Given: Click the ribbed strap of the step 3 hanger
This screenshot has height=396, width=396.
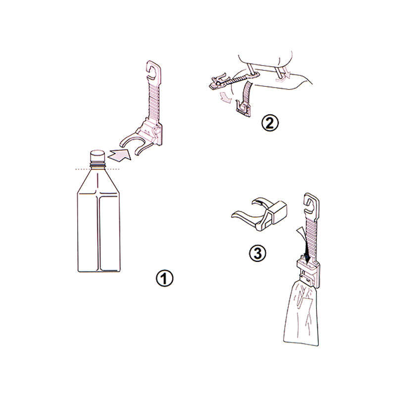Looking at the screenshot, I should [x=312, y=233].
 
